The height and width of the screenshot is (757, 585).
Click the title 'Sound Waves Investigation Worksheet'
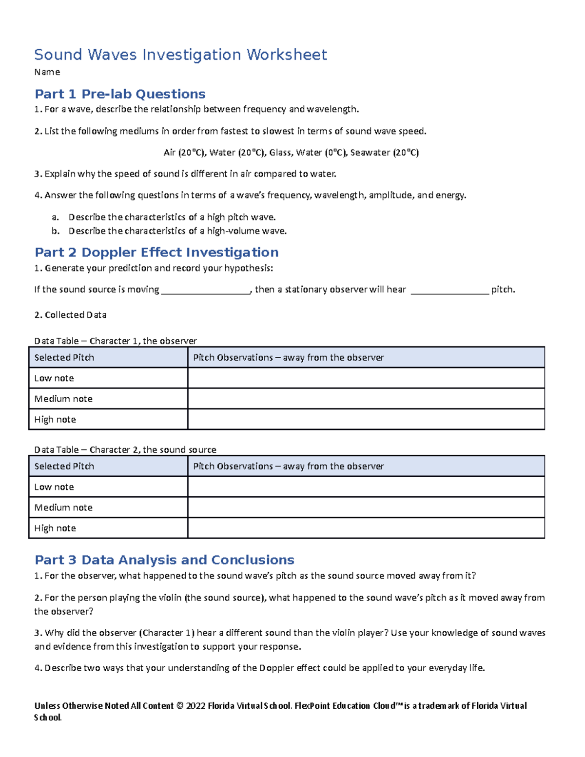pyautogui.click(x=180, y=55)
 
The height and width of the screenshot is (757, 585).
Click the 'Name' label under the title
pyautogui.click(x=47, y=72)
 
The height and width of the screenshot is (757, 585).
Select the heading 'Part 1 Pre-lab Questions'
pyautogui.click(x=120, y=94)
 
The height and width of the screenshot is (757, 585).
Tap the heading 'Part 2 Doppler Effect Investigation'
pyautogui.click(x=156, y=252)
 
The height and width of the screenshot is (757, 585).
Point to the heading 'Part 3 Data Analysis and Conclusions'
pyautogui.click(x=164, y=560)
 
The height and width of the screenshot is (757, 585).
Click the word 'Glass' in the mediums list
pyautogui.click(x=280, y=153)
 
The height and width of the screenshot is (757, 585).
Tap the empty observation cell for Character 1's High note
pyautogui.click(x=366, y=419)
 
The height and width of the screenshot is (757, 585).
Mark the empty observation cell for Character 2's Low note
pyautogui.click(x=366, y=486)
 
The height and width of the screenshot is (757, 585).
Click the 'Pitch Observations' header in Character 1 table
pyautogui.click(x=289, y=358)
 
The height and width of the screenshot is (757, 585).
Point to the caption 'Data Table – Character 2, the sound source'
pyautogui.click(x=125, y=449)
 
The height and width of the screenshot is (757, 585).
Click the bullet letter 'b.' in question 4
pyautogui.click(x=55, y=231)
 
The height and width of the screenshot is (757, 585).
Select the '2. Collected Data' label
pyautogui.click(x=71, y=315)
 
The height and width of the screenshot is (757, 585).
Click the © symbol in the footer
pyautogui.click(x=179, y=706)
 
